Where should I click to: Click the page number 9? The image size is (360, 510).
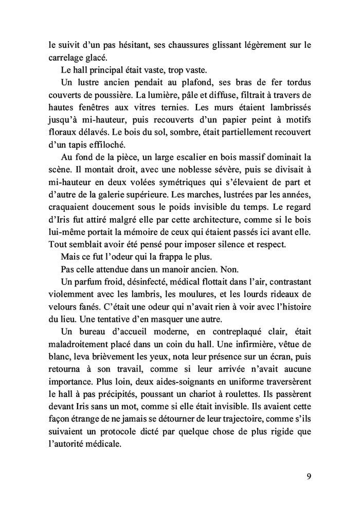click(309, 476)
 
